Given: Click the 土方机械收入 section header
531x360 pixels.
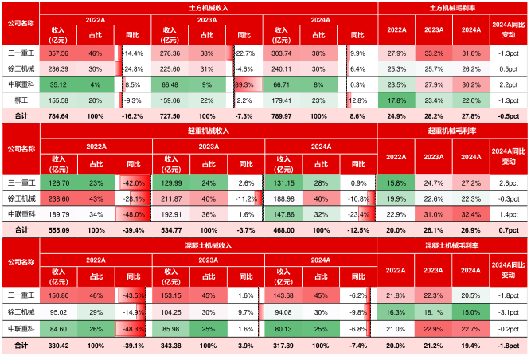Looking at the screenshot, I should tap(209, 7).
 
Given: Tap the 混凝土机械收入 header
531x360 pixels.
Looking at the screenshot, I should tap(209, 240).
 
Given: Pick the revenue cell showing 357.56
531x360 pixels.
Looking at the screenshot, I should tap(59, 53).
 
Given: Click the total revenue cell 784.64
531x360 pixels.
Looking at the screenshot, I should tap(59, 115).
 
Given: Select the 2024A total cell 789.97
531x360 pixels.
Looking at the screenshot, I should tap(283, 115).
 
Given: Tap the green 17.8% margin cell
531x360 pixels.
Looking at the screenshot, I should tap(396, 100).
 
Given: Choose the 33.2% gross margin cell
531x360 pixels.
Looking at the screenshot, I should tap(434, 53).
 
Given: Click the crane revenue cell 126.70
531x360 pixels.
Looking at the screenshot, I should tap(59, 182).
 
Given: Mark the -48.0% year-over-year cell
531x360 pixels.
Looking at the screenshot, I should tap(132, 213).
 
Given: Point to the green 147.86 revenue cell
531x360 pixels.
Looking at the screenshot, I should tap(283, 213).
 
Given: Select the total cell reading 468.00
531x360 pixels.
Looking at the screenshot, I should tap(283, 229).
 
